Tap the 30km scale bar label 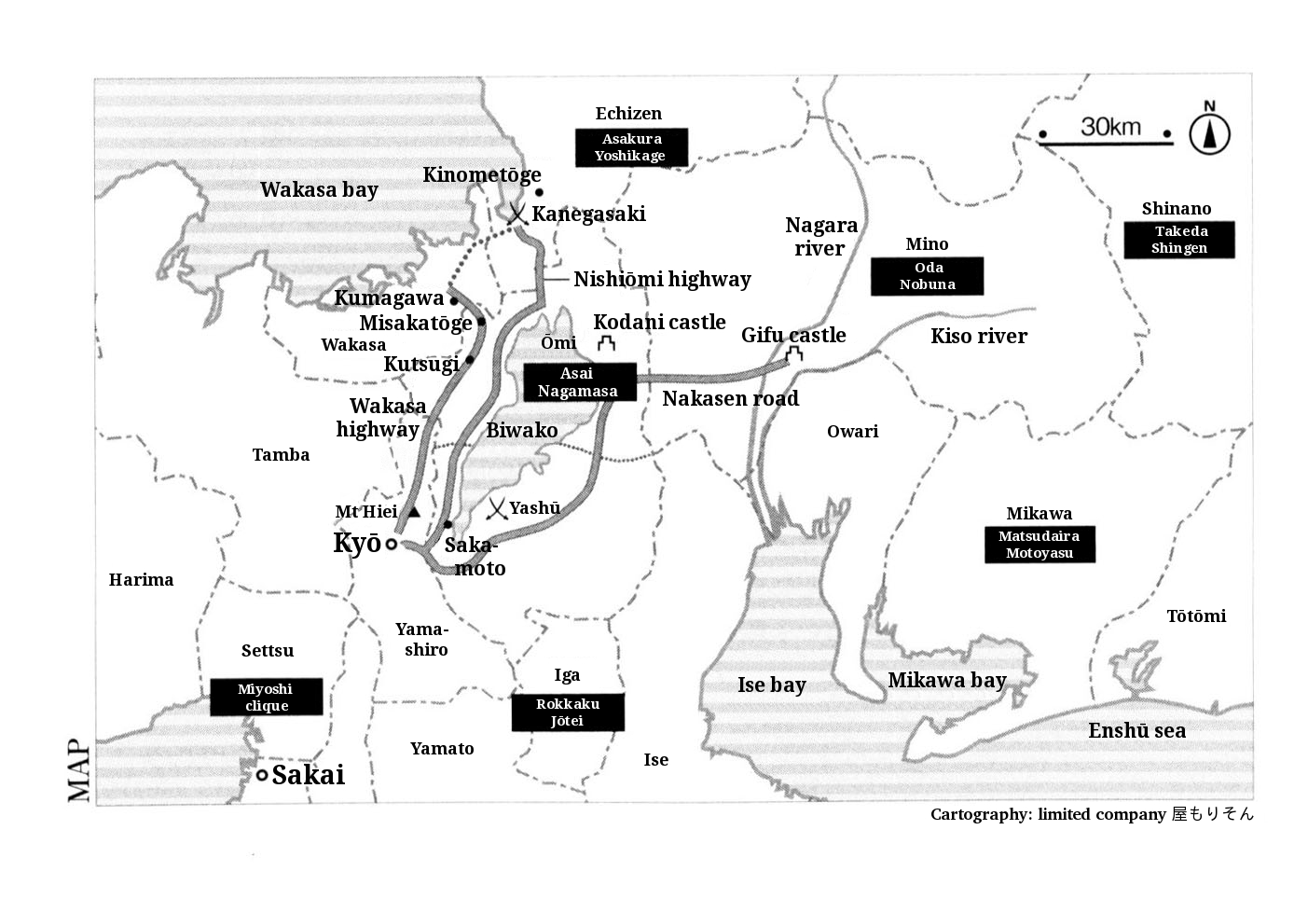click(1110, 127)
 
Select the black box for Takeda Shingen click(1179, 240)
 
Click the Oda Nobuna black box click(928, 276)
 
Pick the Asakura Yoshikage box click(631, 147)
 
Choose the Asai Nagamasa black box click(580, 382)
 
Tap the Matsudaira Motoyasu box click(1040, 545)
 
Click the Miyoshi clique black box click(267, 697)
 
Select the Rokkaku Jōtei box click(568, 712)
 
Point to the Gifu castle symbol click(793, 354)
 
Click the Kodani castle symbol click(607, 343)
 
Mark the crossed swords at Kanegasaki click(517, 214)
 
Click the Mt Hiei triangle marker click(413, 512)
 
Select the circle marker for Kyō click(392, 545)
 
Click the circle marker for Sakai click(262, 775)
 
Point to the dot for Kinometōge click(539, 192)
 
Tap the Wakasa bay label click(319, 190)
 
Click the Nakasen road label click(731, 398)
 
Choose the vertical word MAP click(79, 770)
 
